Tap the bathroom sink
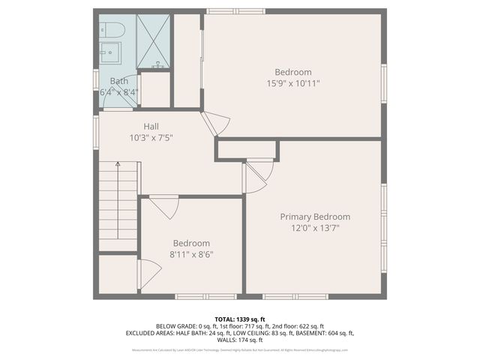(x=111, y=54)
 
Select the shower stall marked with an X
(x=153, y=41)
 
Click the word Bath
(x=119, y=81)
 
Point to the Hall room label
(x=151, y=127)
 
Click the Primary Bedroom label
(x=315, y=217)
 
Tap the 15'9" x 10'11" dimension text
(x=292, y=83)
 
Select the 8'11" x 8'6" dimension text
(x=191, y=254)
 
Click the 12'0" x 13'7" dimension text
(x=315, y=228)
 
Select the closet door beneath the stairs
(x=147, y=274)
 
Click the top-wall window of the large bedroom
(x=235, y=11)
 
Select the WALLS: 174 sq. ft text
(x=239, y=340)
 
